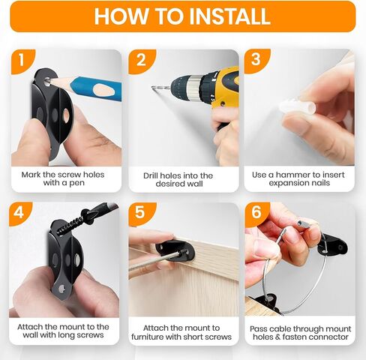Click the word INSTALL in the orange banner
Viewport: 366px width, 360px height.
(x=229, y=16)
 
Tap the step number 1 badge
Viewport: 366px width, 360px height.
(x=22, y=61)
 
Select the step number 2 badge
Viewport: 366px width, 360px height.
(x=141, y=61)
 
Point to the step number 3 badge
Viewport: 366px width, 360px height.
(x=256, y=60)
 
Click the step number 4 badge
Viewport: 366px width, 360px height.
(x=19, y=213)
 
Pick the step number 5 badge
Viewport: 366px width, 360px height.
(x=140, y=213)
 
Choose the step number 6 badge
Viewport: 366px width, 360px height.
(x=256, y=212)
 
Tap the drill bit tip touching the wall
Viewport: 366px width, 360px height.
(x=152, y=87)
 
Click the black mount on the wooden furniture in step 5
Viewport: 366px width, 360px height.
(x=175, y=250)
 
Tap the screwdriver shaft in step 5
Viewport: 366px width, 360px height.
(x=154, y=262)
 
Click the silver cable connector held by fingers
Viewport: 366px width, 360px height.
(x=303, y=223)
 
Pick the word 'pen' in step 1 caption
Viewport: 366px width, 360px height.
(x=76, y=183)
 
